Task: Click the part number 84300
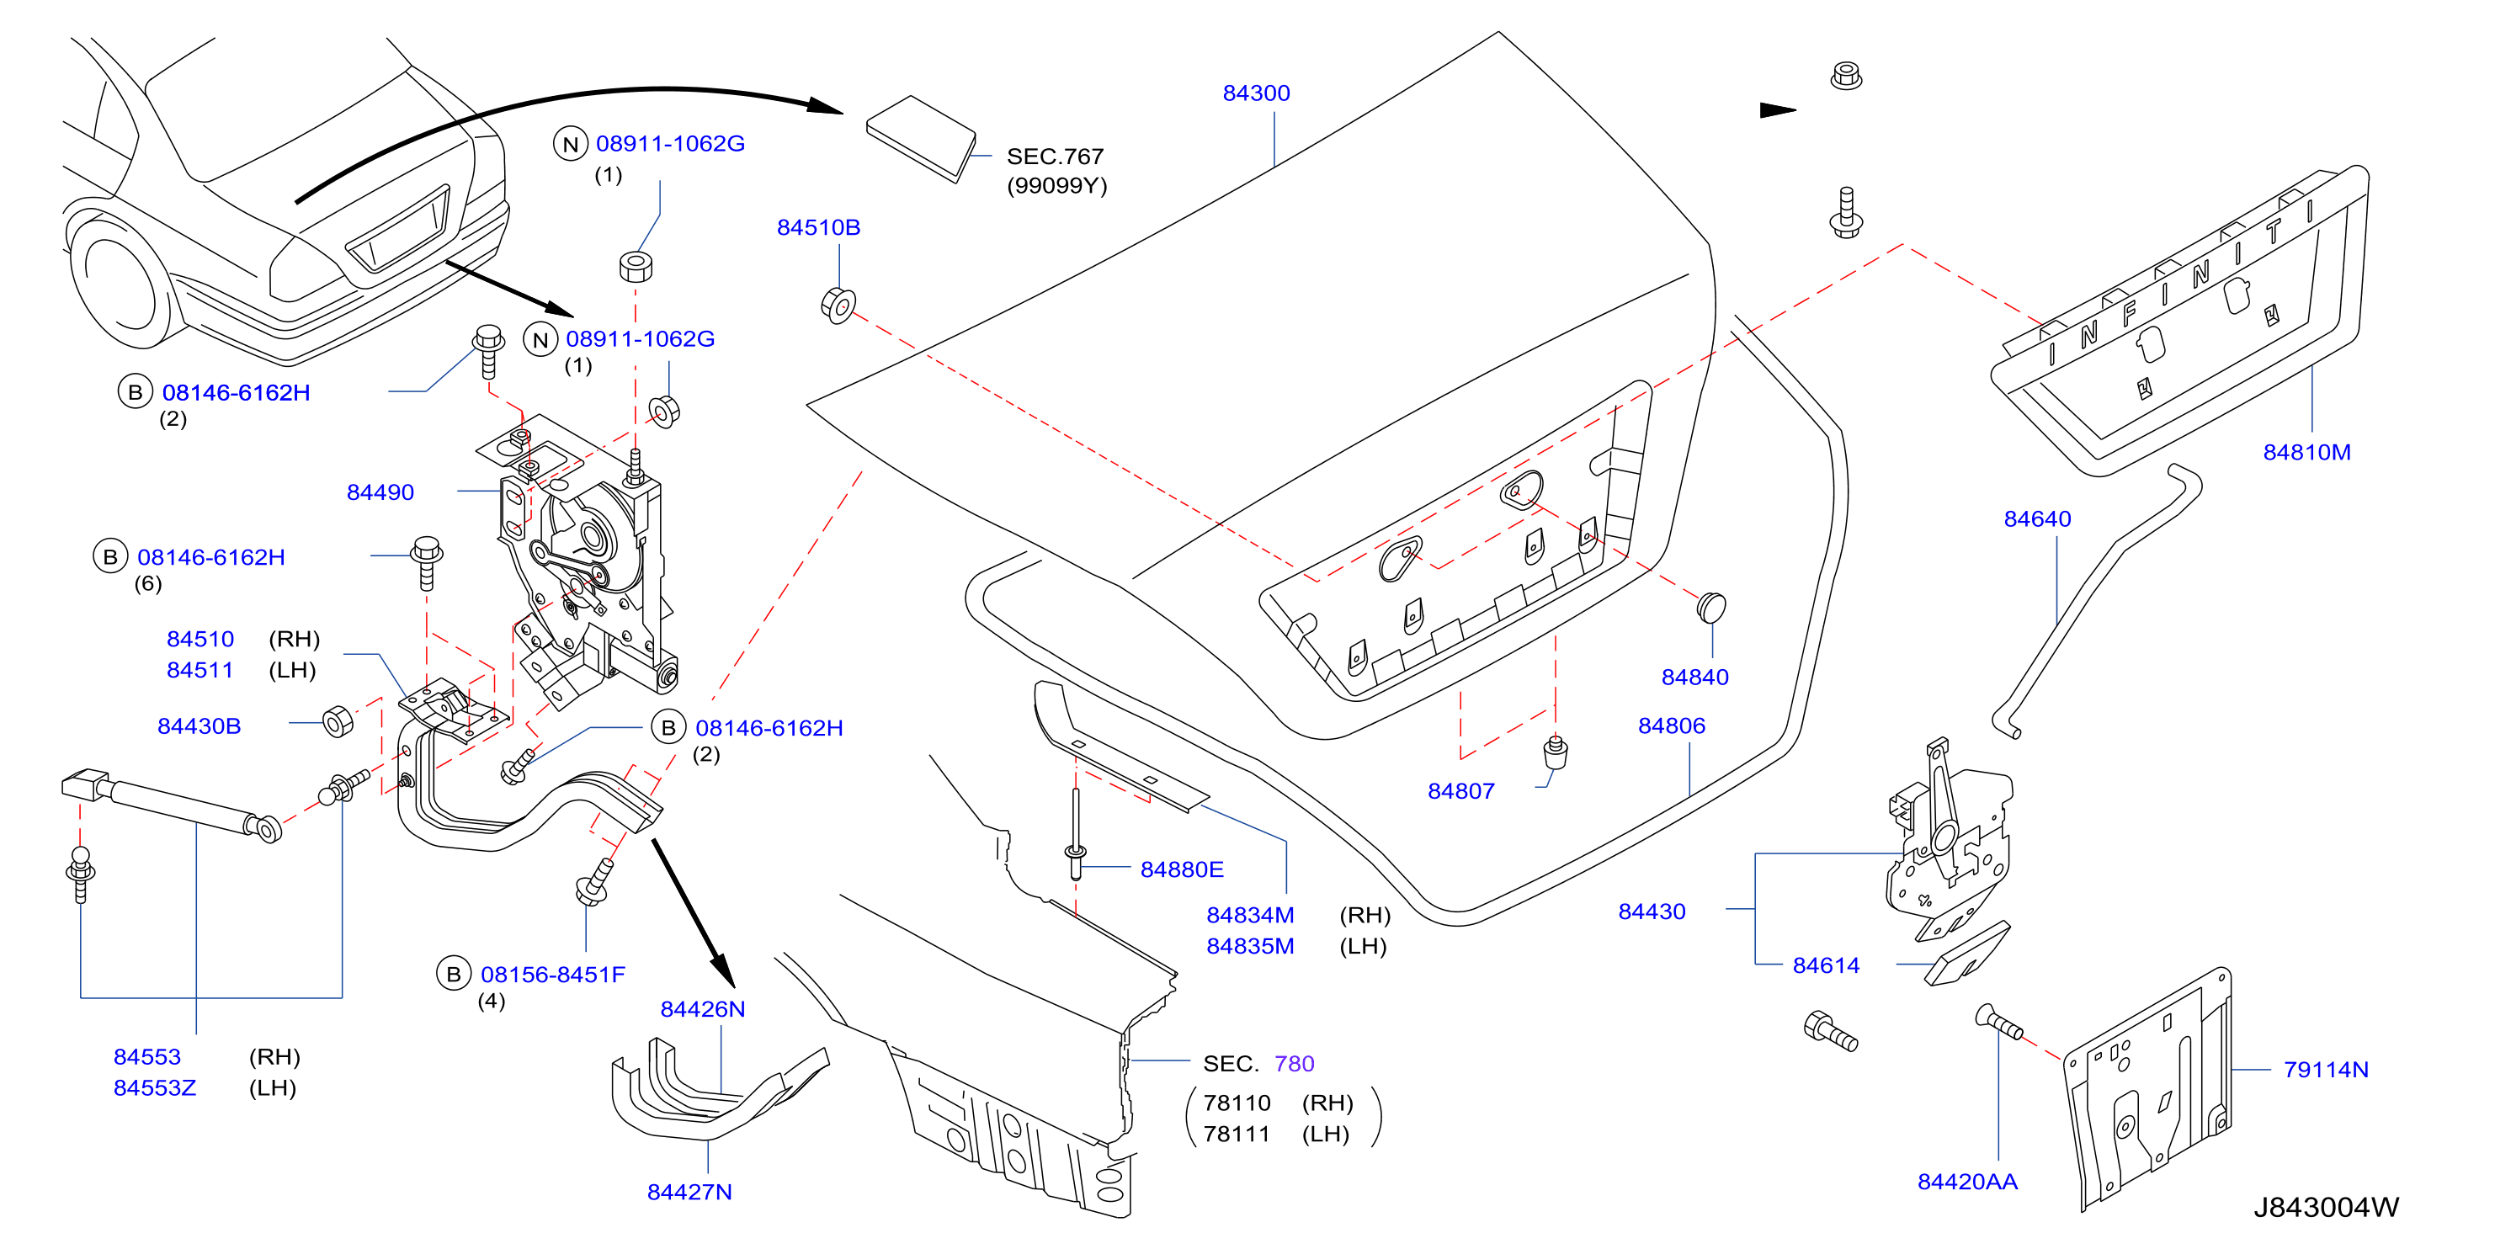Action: [x=1256, y=93]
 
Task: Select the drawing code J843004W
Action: [x=2326, y=1208]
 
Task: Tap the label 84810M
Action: [x=2306, y=452]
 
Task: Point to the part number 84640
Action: [x=2037, y=519]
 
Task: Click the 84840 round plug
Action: [x=1711, y=607]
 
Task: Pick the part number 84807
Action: [x=1460, y=791]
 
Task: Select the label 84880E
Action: [x=1182, y=869]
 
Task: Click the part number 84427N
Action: [x=689, y=1192]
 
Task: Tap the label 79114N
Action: [x=2326, y=1070]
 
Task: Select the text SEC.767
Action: [x=1055, y=156]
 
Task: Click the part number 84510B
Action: [x=818, y=227]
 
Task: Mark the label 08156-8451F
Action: [x=553, y=974]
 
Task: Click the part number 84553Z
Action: [x=155, y=1087]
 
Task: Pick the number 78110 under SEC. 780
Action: [x=1236, y=1103]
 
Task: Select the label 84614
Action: [x=1826, y=965]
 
